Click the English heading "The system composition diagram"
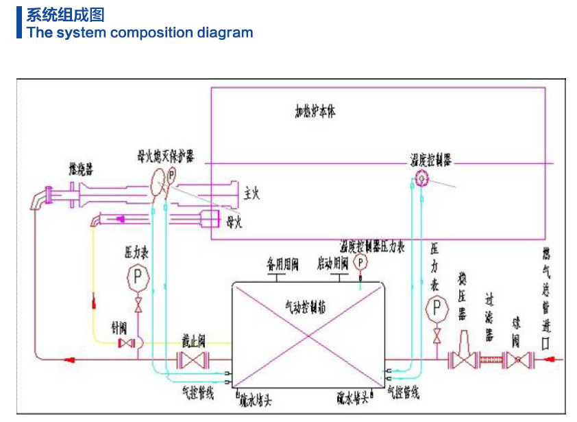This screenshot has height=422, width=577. tap(140, 32)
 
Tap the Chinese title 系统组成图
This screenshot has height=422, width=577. tap(66, 14)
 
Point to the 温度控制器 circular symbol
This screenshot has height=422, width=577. tap(421, 178)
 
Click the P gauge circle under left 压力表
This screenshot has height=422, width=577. tap(138, 277)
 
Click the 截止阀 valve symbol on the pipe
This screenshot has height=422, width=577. tap(193, 360)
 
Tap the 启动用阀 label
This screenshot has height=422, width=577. tap(332, 263)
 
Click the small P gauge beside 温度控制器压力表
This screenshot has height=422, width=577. tap(360, 262)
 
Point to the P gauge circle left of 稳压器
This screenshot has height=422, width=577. tap(436, 308)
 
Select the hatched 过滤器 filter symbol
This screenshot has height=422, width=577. tap(489, 358)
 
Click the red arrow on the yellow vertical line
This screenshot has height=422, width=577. tap(91, 300)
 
